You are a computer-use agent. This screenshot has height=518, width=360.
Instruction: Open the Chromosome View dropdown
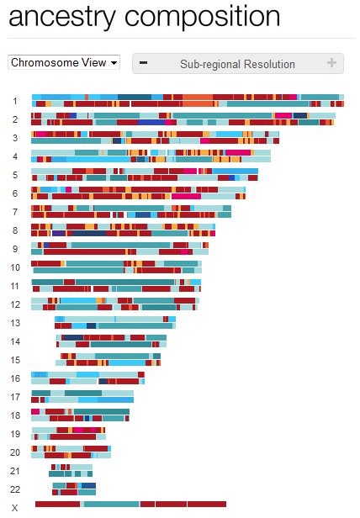64,62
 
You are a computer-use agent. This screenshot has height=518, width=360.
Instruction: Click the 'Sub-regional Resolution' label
237,64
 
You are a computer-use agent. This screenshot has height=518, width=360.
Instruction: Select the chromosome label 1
14,101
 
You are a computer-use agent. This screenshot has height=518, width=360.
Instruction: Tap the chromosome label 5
14,175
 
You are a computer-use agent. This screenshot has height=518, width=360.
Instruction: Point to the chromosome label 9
14,249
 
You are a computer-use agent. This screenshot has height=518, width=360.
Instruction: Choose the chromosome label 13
15,323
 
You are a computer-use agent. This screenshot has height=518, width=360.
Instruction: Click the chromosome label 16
15,378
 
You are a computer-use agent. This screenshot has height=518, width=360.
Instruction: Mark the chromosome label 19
15,434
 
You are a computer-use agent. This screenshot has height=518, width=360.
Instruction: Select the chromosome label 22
15,489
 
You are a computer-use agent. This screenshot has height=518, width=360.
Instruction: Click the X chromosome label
15,505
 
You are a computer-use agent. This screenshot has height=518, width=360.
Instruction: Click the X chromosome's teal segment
110,505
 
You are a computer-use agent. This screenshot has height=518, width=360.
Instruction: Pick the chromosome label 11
15,286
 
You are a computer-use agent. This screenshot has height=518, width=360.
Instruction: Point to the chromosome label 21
15,471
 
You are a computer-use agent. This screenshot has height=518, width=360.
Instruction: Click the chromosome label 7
14,212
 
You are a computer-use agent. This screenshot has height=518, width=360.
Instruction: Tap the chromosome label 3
14,138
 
